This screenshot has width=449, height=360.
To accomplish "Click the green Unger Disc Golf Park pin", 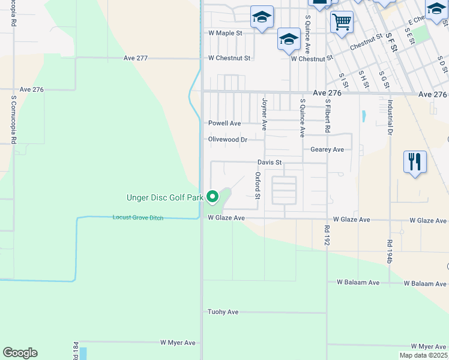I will pyautogui.click(x=212, y=196).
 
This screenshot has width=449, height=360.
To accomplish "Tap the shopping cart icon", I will pyautogui.click(x=342, y=23).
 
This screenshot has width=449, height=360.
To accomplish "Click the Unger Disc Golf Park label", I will pyautogui.click(x=163, y=197).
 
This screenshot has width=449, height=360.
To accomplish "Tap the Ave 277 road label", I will pyautogui.click(x=135, y=58).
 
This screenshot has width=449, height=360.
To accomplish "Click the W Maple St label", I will pyautogui.click(x=224, y=33).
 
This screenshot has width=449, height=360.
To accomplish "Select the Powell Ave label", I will pyautogui.click(x=224, y=123).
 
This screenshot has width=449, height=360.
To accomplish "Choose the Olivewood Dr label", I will pyautogui.click(x=228, y=139).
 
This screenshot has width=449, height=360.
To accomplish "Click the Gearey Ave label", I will pyautogui.click(x=327, y=149).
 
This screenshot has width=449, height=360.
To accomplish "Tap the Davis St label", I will pyautogui.click(x=270, y=162).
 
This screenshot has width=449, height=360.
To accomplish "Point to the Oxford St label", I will pyautogui.click(x=258, y=186).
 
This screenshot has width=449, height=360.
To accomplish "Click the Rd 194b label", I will pyautogui.click(x=390, y=250).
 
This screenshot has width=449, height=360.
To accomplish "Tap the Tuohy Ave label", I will pyautogui.click(x=223, y=312).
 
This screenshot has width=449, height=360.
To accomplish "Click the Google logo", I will pyautogui.click(x=20, y=353).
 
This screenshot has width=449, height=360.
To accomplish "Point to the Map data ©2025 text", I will pyautogui.click(x=423, y=355).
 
